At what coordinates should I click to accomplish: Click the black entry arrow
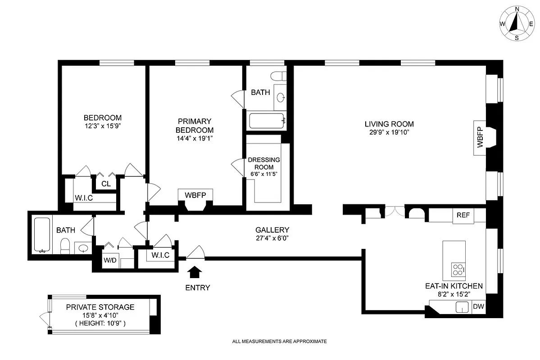coord(195,272)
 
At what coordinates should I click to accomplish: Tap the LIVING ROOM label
coord(389,124)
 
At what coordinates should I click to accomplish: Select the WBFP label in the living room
coord(480,138)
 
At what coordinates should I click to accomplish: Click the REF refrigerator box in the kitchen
coord(463,216)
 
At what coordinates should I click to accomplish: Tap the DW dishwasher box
coord(478,307)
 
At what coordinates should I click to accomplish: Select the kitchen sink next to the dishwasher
coord(463,307)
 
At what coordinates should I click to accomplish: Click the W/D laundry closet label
coord(109,260)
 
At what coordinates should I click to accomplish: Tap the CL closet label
coord(106,184)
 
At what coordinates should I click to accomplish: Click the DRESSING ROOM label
coord(264,163)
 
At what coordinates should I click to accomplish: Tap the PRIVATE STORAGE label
coord(100,307)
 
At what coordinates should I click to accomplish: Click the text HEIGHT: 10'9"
coord(100,323)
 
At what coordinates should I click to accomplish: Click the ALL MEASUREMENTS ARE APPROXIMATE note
coord(279,342)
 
